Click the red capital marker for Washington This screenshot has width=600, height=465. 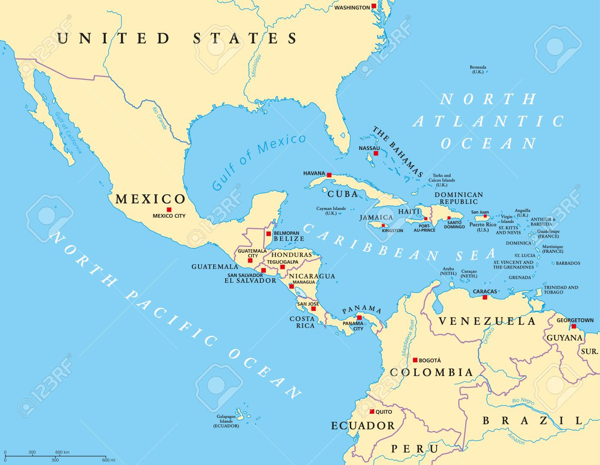[x=374, y=6]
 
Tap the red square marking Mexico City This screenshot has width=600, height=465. [x=169, y=209]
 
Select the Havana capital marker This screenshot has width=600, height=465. [x=329, y=175]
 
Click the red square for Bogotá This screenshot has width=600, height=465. [x=415, y=360]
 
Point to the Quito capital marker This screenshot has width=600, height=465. [x=372, y=411]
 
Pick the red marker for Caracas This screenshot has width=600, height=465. [x=485, y=297]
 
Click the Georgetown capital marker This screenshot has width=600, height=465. [x=574, y=326]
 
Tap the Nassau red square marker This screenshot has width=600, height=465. [x=376, y=153]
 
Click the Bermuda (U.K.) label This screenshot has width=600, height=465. [x=478, y=70]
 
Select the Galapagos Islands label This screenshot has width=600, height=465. [x=226, y=421]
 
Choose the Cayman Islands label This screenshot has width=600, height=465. [x=331, y=211]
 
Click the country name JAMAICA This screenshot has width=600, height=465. [x=376, y=217]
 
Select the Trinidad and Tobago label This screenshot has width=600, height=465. [x=560, y=290]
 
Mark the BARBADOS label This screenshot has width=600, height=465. [x=568, y=263]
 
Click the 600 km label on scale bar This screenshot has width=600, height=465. [x=62, y=452]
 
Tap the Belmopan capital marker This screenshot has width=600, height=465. [x=269, y=233]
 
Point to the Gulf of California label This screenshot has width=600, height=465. [x=68, y=133]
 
